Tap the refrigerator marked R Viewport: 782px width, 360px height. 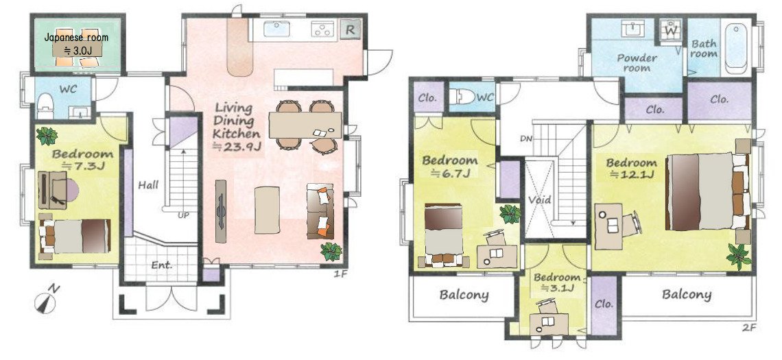(x=351, y=29)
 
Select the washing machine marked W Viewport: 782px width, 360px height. (x=671, y=29)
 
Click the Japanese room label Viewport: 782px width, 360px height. (x=76, y=38)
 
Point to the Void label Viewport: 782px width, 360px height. (x=540, y=200)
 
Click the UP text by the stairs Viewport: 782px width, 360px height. (x=184, y=215)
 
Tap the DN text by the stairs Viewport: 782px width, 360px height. (x=525, y=139)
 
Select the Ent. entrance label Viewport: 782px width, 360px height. (x=162, y=265)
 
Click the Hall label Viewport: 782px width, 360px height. (x=149, y=185)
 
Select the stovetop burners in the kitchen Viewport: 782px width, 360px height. (x=324, y=29)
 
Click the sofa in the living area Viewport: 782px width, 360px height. (x=320, y=211)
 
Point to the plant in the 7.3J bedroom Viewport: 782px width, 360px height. (x=47, y=136)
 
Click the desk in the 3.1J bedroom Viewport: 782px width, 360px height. (x=549, y=324)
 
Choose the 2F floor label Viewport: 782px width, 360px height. (x=749, y=328)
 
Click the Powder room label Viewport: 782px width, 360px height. (x=637, y=63)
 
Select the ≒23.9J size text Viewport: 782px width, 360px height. (x=237, y=146)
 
